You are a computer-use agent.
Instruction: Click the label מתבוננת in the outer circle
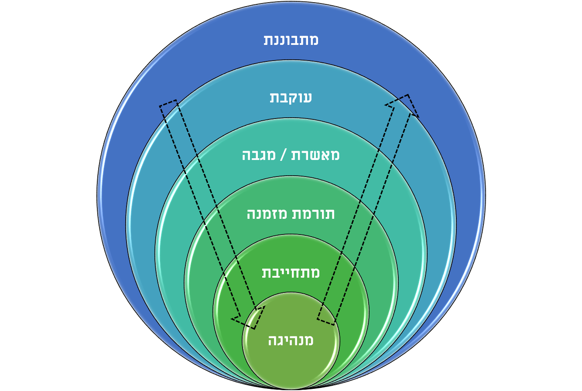coord(291,40)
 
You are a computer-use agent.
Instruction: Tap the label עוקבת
coord(291,98)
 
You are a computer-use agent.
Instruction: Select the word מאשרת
coord(315,155)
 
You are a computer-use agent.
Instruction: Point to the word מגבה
coord(259,155)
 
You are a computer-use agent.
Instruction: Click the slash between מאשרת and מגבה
coord(283,155)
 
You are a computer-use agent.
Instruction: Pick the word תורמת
coord(313,214)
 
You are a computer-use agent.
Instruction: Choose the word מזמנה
coord(267,214)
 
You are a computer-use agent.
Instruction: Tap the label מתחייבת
coord(291,272)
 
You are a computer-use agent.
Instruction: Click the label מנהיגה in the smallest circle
coord(291,340)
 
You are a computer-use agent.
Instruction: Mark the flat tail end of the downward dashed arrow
coord(168,103)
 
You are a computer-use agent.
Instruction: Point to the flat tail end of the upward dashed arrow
coord(326,322)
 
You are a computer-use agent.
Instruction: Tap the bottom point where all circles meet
coord(291,389)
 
